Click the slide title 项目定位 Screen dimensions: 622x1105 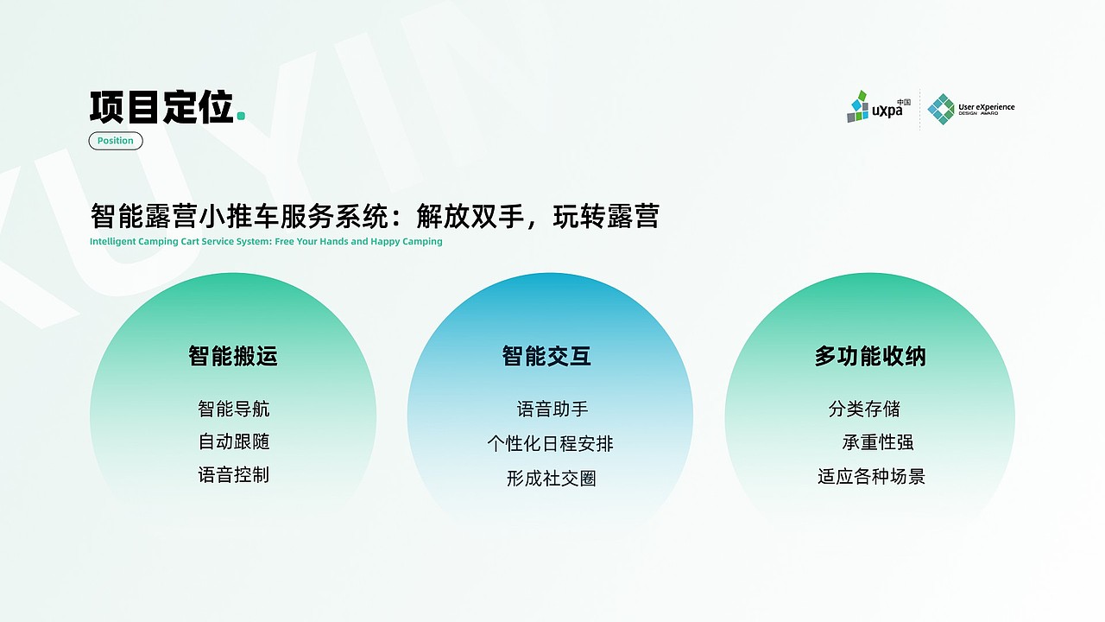tap(161, 107)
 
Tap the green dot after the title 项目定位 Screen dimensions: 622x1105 tap(241, 116)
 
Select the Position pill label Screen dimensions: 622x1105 tap(116, 141)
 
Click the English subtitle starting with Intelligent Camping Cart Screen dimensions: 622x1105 tap(266, 242)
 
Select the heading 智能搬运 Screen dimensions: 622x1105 tap(233, 356)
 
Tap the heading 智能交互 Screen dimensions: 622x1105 tap(546, 356)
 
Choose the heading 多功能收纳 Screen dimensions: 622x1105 tap(870, 356)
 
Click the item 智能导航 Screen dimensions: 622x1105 tap(234, 409)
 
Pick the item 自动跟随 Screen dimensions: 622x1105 tap(234, 441)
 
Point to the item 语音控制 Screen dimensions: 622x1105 tap(234, 474)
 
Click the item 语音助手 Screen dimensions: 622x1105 tap(552, 409)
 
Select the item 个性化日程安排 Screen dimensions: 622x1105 tap(550, 444)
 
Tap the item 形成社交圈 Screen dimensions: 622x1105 tap(551, 479)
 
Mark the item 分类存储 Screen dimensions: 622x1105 tap(864, 409)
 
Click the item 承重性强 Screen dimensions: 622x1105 tap(878, 442)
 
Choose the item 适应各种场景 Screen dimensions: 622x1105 tap(871, 476)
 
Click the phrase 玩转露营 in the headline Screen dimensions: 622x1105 tap(606, 216)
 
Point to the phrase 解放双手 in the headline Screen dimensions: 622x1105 tap(470, 216)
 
